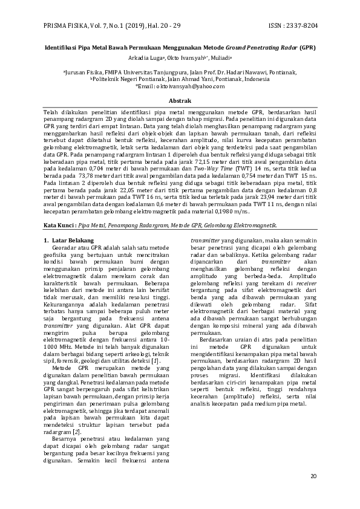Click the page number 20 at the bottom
pyautogui.click(x=313, y=476)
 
